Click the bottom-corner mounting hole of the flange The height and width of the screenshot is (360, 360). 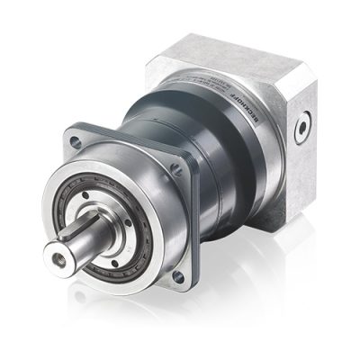pyautogui.click(x=178, y=277)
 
